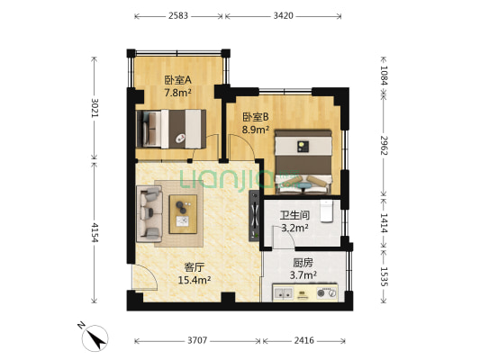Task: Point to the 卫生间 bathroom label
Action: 295,221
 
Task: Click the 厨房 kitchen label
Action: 303,268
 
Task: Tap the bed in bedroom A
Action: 171,127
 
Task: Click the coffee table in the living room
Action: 183,212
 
